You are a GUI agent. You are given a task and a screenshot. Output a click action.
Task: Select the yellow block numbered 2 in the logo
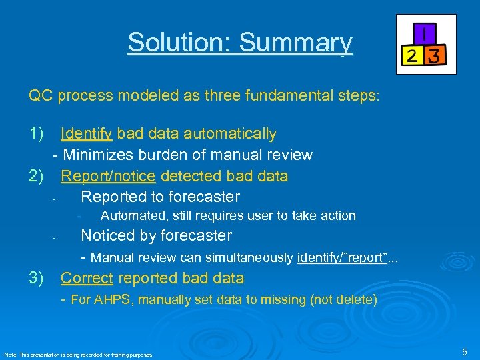click(x=413, y=56)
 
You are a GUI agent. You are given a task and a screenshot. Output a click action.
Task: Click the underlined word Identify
click(x=87, y=134)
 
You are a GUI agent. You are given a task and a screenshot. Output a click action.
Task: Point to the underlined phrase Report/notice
click(x=108, y=176)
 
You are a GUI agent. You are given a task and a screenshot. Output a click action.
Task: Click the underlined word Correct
click(x=86, y=278)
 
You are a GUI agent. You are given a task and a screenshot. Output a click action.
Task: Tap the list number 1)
click(x=36, y=134)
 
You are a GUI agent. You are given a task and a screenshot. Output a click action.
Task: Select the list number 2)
click(x=36, y=176)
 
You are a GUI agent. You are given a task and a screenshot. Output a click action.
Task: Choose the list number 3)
click(x=36, y=278)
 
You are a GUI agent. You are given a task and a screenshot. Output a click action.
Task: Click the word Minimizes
click(x=98, y=155)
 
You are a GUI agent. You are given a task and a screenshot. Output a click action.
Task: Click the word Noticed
click(x=108, y=235)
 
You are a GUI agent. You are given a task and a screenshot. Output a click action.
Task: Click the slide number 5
click(x=465, y=351)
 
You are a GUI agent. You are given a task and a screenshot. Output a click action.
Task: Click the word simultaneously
click(x=247, y=257)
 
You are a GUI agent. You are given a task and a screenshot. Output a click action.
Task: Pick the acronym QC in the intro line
click(x=41, y=95)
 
